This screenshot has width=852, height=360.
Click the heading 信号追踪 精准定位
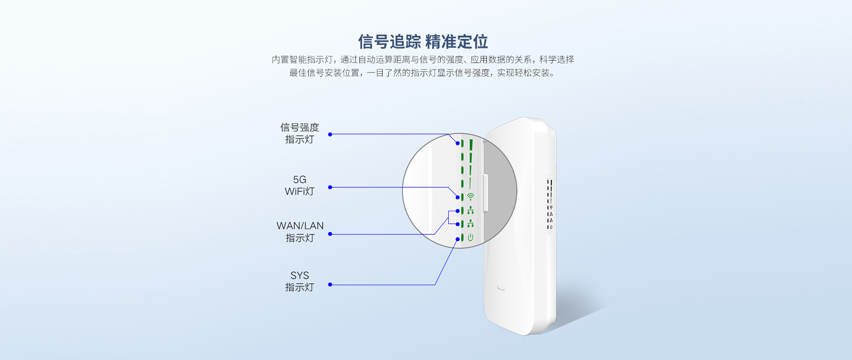tap(423, 42)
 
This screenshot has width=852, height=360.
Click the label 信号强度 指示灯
tap(300, 133)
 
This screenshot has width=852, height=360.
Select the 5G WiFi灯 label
tap(300, 186)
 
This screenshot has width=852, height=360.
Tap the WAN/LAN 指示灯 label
tap(300, 232)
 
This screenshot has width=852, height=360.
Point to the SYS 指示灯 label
tap(300, 281)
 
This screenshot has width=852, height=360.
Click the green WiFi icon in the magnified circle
tap(470, 197)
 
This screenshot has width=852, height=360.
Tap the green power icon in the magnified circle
tap(470, 237)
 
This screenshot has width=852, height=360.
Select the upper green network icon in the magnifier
tap(470, 210)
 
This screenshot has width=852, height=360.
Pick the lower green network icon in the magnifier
tap(470, 224)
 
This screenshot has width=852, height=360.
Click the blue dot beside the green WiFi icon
tap(458, 197)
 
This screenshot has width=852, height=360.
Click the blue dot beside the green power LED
tap(458, 239)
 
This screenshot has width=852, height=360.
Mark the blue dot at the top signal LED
tap(458, 143)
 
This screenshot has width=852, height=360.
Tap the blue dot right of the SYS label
tap(330, 285)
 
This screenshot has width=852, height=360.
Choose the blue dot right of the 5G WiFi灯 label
tap(330, 187)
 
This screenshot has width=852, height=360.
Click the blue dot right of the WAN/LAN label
tap(330, 234)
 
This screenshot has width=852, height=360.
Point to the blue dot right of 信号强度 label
tap(330, 134)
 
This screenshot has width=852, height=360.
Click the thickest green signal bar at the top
tap(471, 145)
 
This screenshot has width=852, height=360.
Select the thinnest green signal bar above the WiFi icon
tap(470, 183)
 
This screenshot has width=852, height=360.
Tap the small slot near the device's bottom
tap(501, 289)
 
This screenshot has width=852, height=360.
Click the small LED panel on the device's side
tap(550, 204)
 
